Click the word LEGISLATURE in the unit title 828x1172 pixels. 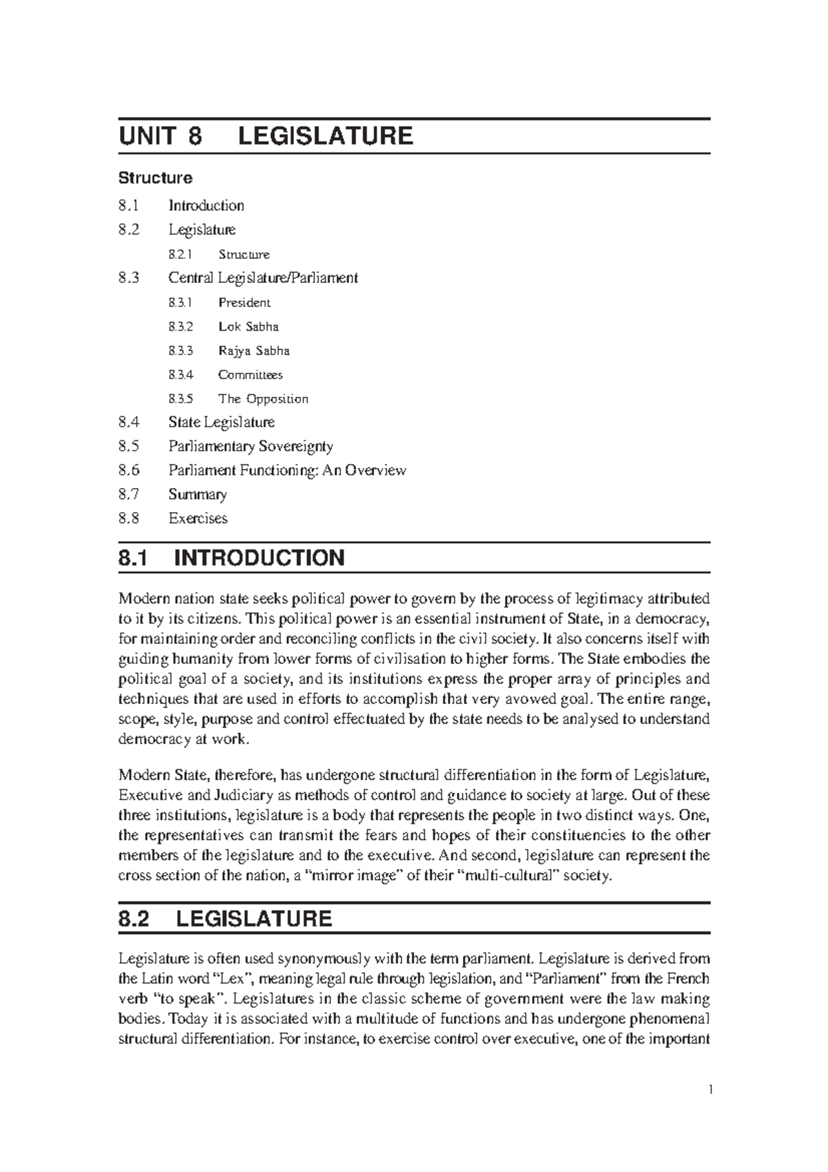pyautogui.click(x=325, y=136)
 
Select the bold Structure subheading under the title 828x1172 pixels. pyautogui.click(x=155, y=178)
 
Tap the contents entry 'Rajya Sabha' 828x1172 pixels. pyautogui.click(x=254, y=351)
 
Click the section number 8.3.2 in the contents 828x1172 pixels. pyautogui.click(x=181, y=326)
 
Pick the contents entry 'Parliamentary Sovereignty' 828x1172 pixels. pyautogui.click(x=250, y=446)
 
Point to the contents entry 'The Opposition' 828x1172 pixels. pyautogui.click(x=263, y=399)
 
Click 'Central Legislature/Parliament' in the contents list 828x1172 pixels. pyautogui.click(x=263, y=278)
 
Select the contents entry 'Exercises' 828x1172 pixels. pyautogui.click(x=198, y=518)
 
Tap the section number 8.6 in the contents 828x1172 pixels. pyautogui.click(x=128, y=470)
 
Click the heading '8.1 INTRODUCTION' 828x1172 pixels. pyautogui.click(x=231, y=558)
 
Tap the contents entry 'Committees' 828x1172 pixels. pyautogui.click(x=250, y=375)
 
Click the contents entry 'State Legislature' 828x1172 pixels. pyautogui.click(x=221, y=422)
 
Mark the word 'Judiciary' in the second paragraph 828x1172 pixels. pyautogui.click(x=241, y=795)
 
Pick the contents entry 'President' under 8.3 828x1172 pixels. pyautogui.click(x=244, y=302)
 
